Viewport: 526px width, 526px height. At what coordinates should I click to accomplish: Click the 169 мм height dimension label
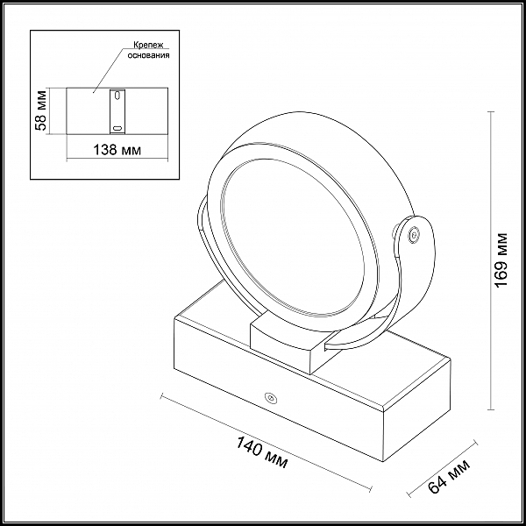coord(501,259)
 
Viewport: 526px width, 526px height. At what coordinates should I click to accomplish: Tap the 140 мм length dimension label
coord(262,452)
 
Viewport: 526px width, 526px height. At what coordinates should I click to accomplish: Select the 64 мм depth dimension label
coord(449,476)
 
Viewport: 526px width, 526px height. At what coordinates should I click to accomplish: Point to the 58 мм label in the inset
coord(42,110)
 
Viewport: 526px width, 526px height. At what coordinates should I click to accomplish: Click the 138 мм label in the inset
coord(117,150)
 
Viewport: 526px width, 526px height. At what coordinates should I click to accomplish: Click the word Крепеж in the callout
coord(148,45)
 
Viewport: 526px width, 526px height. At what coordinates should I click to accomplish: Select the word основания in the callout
coord(148,55)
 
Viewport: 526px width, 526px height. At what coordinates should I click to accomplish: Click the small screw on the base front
coord(270,398)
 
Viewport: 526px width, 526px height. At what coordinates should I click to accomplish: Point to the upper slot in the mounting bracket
coord(117,96)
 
